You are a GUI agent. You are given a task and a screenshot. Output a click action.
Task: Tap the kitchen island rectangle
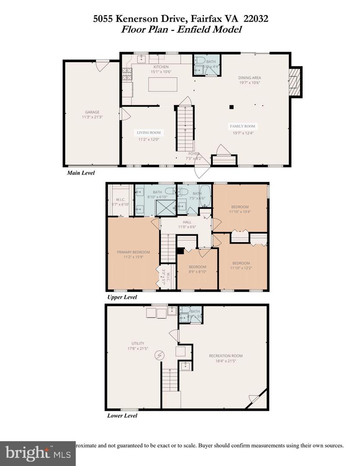point(163,84)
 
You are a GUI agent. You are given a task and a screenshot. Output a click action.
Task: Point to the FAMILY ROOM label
point(242,126)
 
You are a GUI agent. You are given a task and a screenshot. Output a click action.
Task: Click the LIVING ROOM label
point(149,132)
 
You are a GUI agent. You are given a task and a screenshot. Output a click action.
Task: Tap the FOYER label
point(193,154)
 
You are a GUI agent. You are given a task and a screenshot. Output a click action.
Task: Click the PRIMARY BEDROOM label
point(133,252)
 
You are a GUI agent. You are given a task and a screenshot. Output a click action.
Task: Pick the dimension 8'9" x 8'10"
point(197,272)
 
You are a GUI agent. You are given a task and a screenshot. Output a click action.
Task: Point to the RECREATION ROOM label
point(225,356)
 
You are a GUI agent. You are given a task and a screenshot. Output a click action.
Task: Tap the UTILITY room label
point(138,343)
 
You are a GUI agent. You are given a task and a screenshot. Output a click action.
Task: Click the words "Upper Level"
point(122,297)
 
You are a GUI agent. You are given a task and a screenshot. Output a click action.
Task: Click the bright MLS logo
point(38,453)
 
